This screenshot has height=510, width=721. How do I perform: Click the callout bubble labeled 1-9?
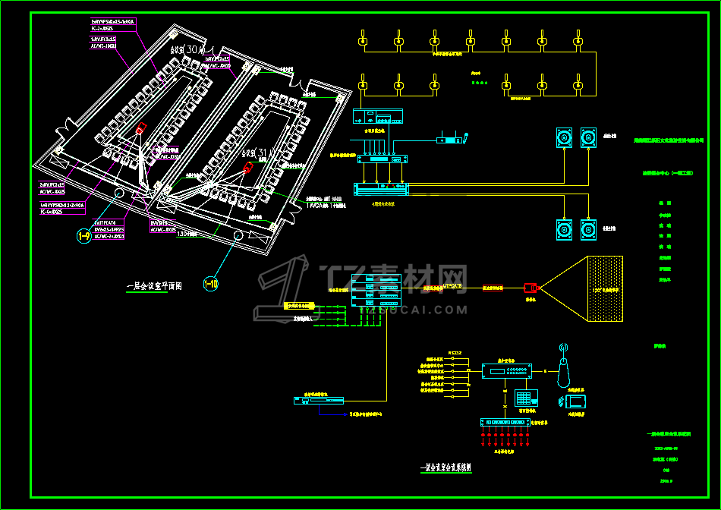point(83,237)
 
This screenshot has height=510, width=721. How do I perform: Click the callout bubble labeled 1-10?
point(211,285)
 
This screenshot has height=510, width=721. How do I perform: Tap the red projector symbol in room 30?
point(140,128)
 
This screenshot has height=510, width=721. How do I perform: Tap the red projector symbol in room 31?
point(248,168)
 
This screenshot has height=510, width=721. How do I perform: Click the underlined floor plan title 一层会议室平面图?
point(154,287)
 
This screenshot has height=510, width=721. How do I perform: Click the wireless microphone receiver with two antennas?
point(451,139)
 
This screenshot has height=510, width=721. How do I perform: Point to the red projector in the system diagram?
point(531,288)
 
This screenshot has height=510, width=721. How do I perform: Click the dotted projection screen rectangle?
point(605,288)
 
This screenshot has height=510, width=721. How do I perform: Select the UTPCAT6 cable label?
point(452,286)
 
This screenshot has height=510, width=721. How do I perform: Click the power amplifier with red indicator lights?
point(381,187)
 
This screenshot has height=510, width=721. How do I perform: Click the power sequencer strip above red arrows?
point(504,422)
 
